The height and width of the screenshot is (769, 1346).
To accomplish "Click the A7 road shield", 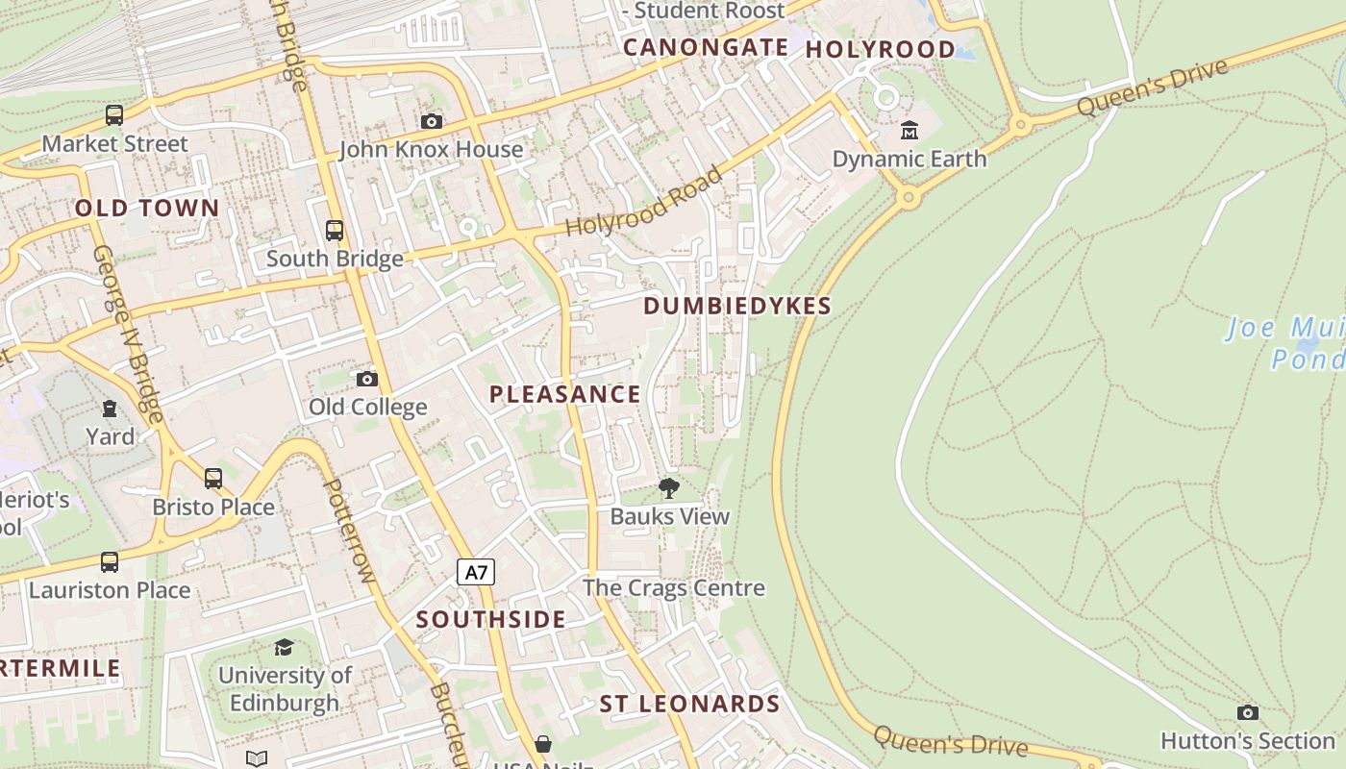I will pos(476,573).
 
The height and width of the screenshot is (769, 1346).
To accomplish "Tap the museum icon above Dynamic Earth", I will pos(909,130).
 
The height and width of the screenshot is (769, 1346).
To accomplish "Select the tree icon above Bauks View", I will pos(668,488).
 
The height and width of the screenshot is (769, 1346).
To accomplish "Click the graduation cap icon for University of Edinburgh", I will pos(284,647).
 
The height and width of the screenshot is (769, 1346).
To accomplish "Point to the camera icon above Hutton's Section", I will pos(1247,712).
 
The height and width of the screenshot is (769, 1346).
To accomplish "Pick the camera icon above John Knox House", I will pos(432,121).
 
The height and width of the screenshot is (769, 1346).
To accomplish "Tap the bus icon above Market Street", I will pos(114,116).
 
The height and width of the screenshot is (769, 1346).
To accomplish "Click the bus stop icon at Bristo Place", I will pos(213,478).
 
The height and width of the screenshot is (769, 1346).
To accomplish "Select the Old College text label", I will pos(367,407).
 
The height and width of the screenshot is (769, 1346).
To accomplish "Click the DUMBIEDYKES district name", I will pos(736,306).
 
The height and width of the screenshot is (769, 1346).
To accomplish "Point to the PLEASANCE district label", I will pos(564,394).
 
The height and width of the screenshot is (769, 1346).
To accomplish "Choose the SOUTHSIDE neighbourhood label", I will pos(490,619).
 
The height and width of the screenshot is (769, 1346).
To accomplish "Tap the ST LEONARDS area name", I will pos(689,704).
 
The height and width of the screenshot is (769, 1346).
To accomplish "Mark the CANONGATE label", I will pos(706,47).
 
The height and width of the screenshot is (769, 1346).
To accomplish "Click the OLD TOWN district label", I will pos(147,208).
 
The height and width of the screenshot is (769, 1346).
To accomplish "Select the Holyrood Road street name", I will pos(643,203).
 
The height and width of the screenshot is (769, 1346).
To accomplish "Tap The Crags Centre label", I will pos(673,587).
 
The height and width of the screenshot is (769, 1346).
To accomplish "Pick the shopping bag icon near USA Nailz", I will pos(543,744).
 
